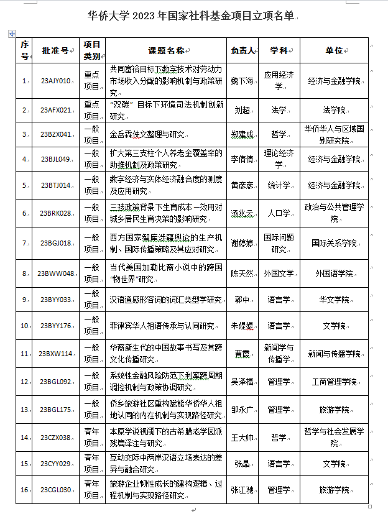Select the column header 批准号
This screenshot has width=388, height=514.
coord(55,50)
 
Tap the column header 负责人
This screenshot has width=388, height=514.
coord(242,50)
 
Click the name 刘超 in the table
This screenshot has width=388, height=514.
coord(242,110)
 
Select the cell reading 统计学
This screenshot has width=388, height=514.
coord(277,185)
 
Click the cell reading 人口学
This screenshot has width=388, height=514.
coord(277,213)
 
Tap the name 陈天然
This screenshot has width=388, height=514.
coord(242,273)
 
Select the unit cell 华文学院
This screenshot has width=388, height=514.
coord(334,299)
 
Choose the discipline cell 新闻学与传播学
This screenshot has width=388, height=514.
coord(277,354)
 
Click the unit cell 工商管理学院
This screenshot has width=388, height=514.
coord(334,381)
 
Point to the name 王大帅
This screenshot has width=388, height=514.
coord(242,437)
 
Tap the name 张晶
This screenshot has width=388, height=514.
coord(242,464)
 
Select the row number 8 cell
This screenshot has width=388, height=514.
coord(25,273)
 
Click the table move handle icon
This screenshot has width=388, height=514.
coord(11,33)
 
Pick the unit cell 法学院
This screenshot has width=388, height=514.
coord(334,110)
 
